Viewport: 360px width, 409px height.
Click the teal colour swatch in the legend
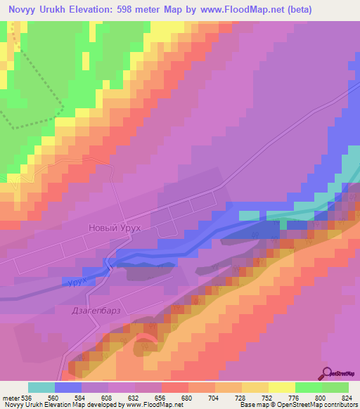click(41, 387)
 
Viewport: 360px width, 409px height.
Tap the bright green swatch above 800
click(309, 387)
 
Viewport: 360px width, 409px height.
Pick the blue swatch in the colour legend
click(68, 387)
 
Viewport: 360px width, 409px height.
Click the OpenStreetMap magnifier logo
click(329, 373)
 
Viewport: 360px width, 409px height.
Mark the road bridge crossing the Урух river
click(108, 265)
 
